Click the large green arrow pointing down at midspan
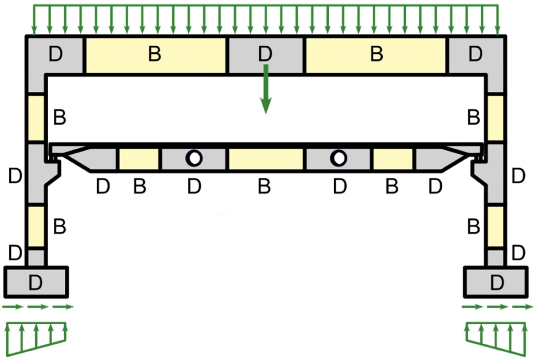[266, 89]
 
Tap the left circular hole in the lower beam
[194, 158]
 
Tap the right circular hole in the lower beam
[339, 158]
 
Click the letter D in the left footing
[36, 283]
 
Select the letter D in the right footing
[497, 283]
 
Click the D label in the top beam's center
[265, 54]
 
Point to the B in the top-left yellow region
[155, 54]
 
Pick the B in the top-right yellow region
[377, 54]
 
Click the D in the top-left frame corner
[56, 54]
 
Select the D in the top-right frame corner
[475, 54]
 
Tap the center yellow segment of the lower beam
[266, 159]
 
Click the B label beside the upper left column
[60, 117]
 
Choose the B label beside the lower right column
[474, 227]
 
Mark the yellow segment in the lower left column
[36, 227]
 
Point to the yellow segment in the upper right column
[496, 118]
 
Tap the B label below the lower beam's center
[264, 186]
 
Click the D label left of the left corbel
[15, 176]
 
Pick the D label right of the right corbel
[519, 176]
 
